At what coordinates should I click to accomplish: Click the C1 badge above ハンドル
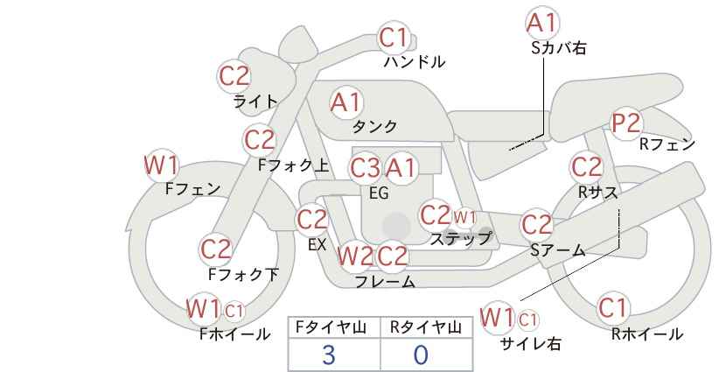pyautogui.click(x=394, y=38)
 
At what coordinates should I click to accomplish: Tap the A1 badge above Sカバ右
pyautogui.click(x=542, y=23)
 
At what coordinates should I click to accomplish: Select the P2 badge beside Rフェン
pyautogui.click(x=626, y=123)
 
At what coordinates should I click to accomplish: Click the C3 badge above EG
pyautogui.click(x=365, y=168)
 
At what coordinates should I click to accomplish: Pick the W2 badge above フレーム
pyautogui.click(x=355, y=256)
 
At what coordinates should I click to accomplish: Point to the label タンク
pyautogui.click(x=374, y=126)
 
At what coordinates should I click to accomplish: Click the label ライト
pyautogui.click(x=255, y=102)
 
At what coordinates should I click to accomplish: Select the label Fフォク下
pyautogui.click(x=243, y=274)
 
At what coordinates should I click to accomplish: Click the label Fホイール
pyautogui.click(x=235, y=334)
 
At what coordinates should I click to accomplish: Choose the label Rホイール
pyautogui.click(x=647, y=334)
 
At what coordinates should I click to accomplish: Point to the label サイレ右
pyautogui.click(x=531, y=344)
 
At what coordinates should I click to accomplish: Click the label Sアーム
pyautogui.click(x=558, y=250)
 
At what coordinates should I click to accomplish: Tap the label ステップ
pyautogui.click(x=460, y=239)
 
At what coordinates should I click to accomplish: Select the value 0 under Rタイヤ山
pyautogui.click(x=421, y=354)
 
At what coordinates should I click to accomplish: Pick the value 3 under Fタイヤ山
pyautogui.click(x=329, y=354)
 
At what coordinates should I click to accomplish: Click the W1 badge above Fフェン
pyautogui.click(x=161, y=165)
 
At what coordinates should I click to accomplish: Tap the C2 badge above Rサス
pyautogui.click(x=586, y=167)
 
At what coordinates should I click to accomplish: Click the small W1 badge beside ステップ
pyautogui.click(x=464, y=217)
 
